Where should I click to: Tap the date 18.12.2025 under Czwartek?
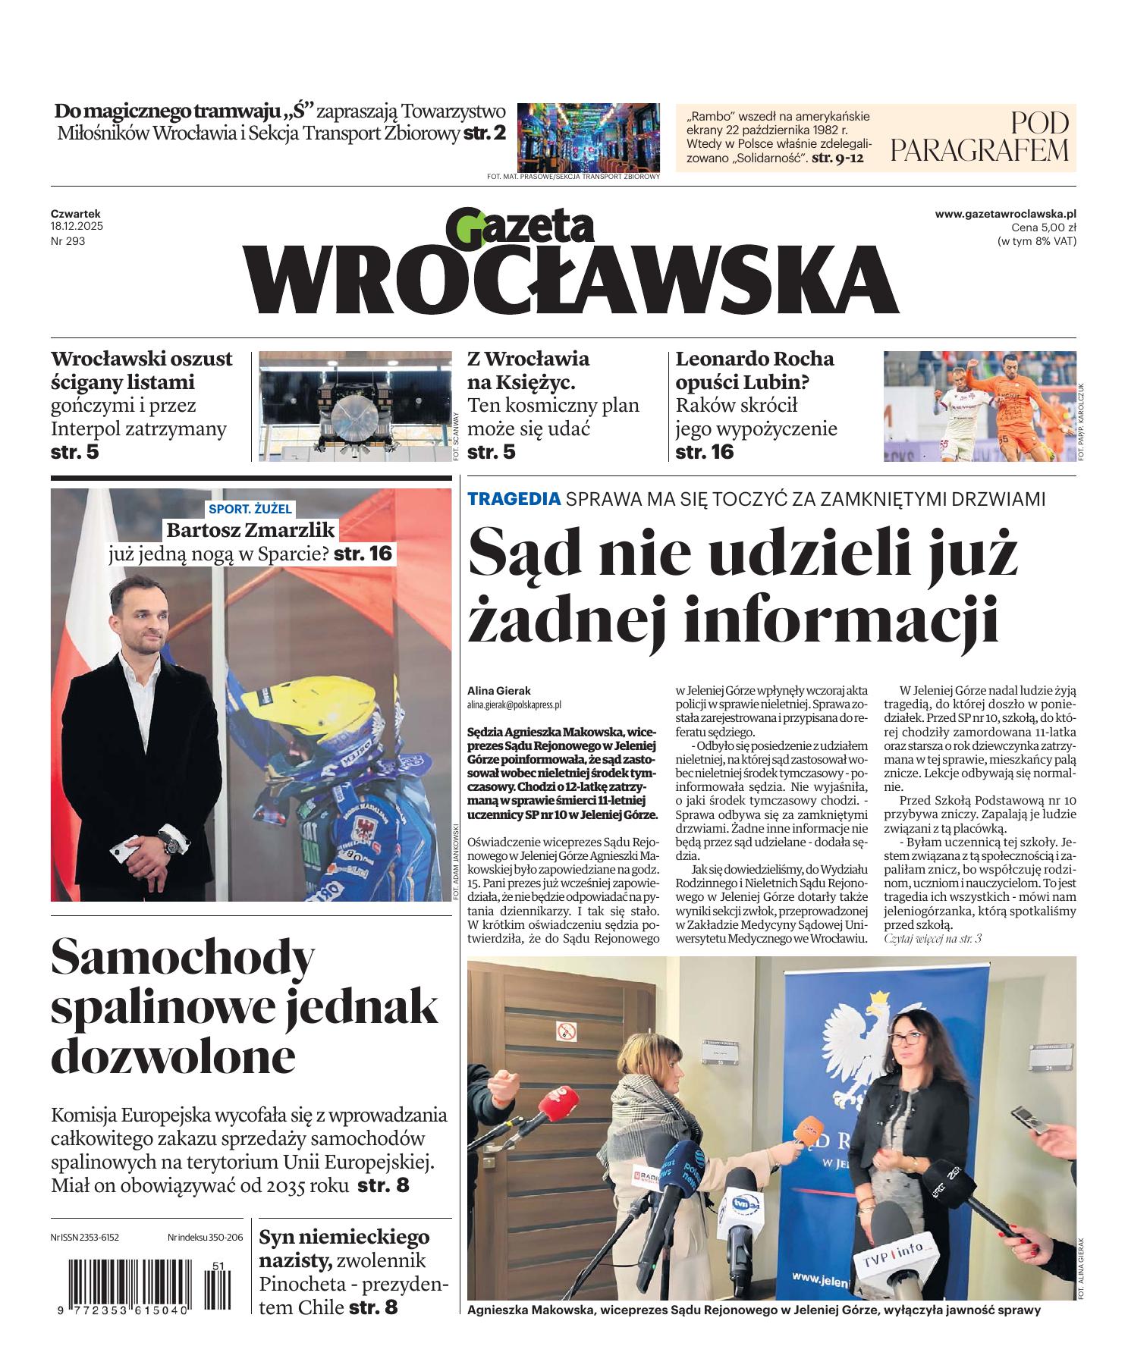click(77, 227)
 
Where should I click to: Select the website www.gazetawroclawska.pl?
click(1005, 215)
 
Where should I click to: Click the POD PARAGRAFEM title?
click(979, 137)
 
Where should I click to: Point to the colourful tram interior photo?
click(588, 137)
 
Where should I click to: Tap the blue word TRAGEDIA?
click(514, 499)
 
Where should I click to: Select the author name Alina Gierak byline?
click(499, 691)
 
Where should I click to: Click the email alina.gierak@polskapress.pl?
click(514, 704)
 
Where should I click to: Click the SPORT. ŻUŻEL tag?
click(250, 509)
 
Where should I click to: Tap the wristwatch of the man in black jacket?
click(172, 843)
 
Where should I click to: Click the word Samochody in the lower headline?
click(183, 959)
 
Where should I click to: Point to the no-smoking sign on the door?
click(566, 1031)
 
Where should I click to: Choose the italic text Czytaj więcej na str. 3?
click(932, 939)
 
